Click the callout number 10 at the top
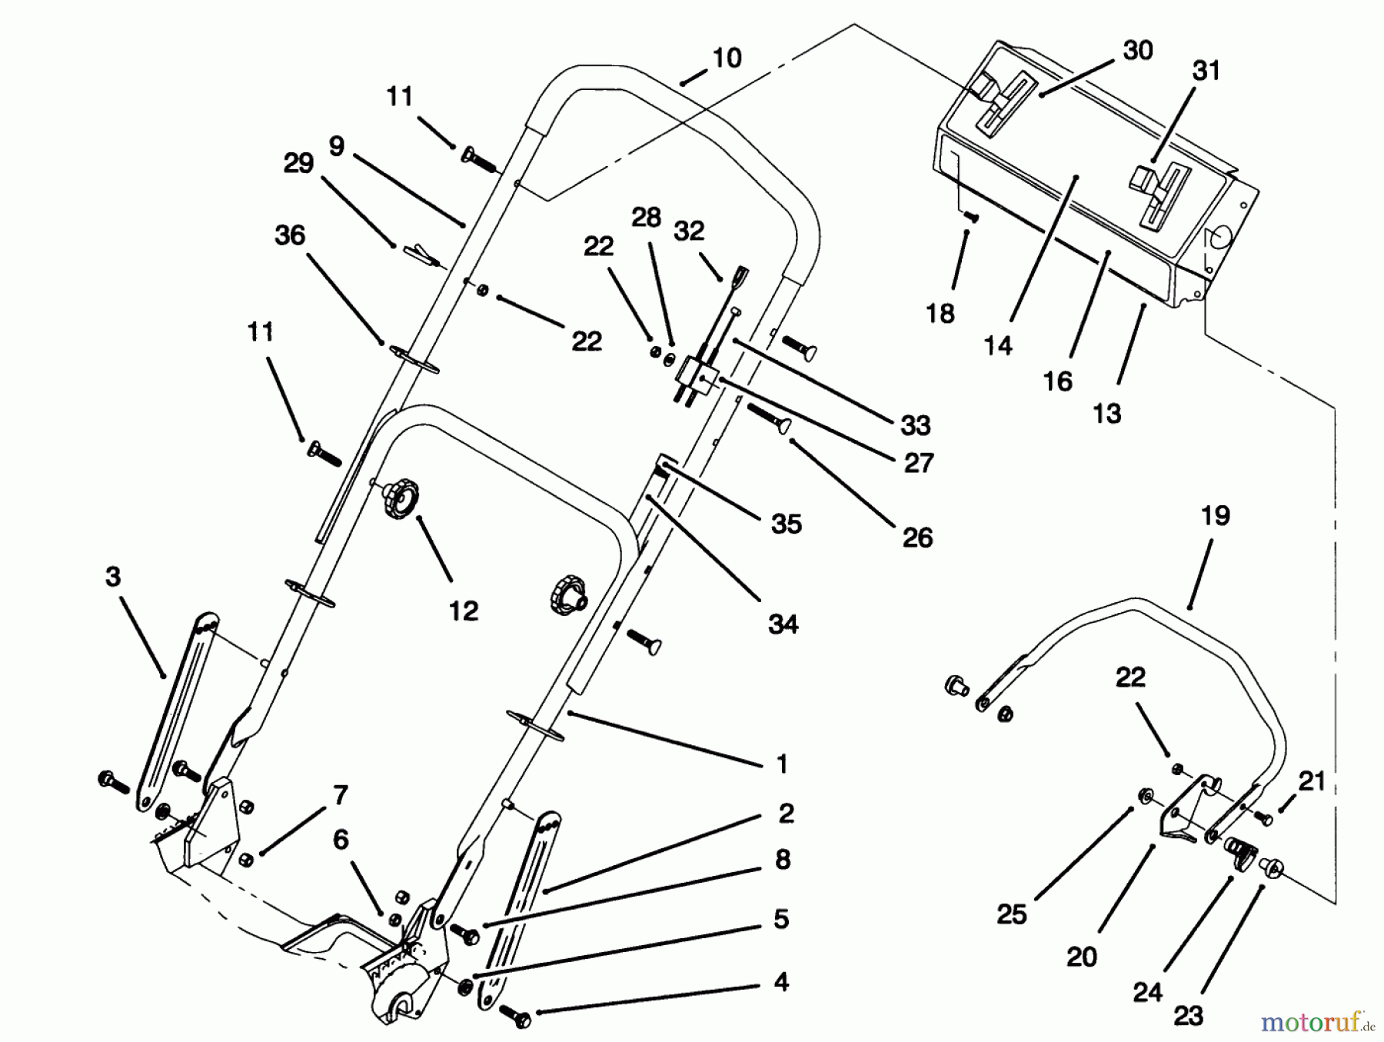(727, 58)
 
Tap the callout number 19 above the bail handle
(1215, 515)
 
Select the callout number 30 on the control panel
(1138, 50)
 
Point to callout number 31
(1206, 71)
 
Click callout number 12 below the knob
(464, 611)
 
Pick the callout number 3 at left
(113, 577)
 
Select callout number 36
(290, 235)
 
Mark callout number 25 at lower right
(1011, 914)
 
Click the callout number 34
(783, 624)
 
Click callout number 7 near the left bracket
(341, 794)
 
